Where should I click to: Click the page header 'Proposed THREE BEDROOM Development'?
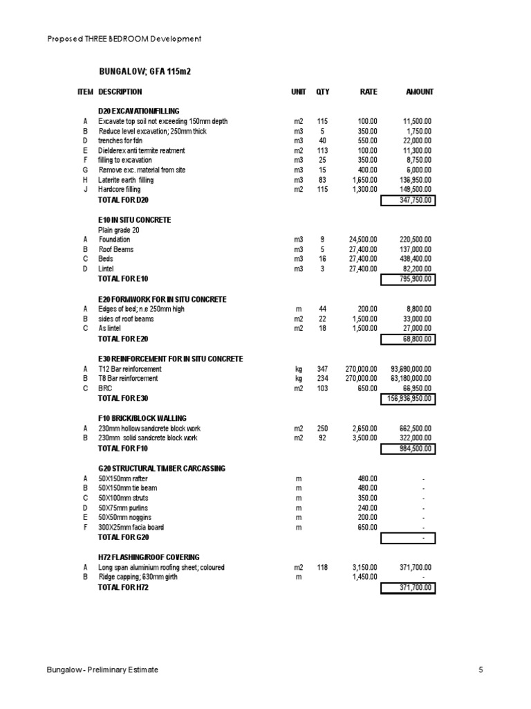pos(124,39)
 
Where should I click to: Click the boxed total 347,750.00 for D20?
pos(407,200)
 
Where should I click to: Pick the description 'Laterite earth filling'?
pos(127,180)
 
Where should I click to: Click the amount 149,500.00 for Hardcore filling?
pos(416,189)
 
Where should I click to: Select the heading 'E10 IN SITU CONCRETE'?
pos(135,219)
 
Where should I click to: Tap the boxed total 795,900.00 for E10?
pos(407,279)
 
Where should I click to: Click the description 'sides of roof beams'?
pos(126,319)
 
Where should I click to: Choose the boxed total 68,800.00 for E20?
pos(407,339)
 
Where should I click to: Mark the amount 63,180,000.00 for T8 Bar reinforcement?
pos(411,379)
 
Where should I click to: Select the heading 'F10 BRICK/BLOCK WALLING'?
pos(142,418)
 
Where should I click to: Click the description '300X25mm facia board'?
pos(131,528)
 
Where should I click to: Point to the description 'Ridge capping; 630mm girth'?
pos(138,577)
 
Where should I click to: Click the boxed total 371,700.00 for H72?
pos(407,588)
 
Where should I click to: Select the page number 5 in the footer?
pos(481,670)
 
